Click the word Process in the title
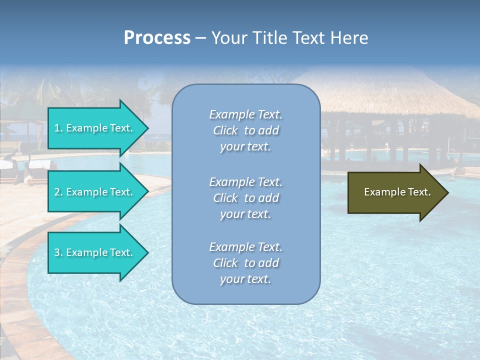[x=157, y=38]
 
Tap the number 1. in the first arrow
[x=58, y=128]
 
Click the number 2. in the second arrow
[x=58, y=192]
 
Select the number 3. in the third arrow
[x=58, y=252]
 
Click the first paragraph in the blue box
[x=245, y=130]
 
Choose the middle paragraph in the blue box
[x=245, y=198]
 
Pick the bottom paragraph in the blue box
[x=245, y=263]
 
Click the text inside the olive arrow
[x=397, y=192]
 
